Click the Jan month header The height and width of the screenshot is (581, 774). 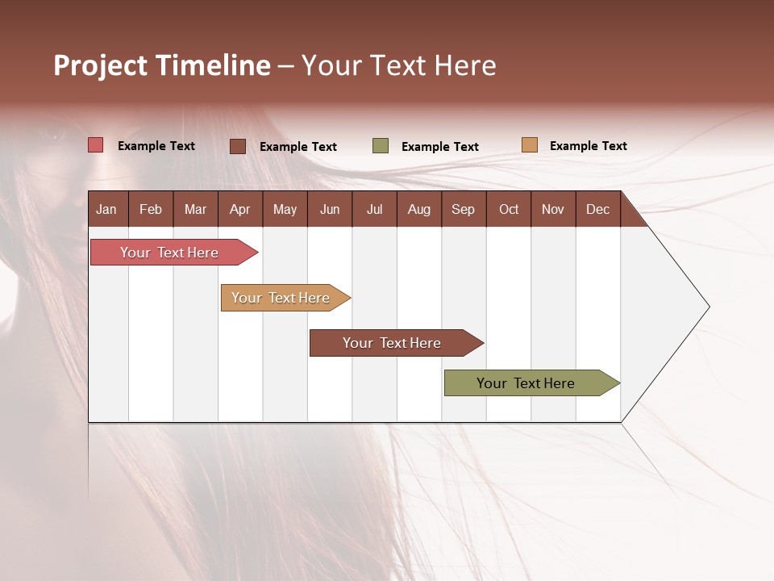(106, 209)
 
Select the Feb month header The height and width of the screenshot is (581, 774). (151, 209)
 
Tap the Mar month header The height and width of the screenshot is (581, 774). (195, 209)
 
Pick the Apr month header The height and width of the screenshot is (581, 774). (239, 209)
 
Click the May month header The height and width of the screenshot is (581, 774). (285, 209)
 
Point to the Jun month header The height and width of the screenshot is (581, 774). (330, 209)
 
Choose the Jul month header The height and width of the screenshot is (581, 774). (374, 209)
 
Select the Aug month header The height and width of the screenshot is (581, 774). (418, 209)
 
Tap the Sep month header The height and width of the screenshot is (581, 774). (463, 209)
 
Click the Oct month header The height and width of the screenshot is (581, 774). (509, 209)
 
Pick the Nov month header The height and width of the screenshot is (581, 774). (552, 209)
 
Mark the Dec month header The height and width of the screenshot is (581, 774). (597, 209)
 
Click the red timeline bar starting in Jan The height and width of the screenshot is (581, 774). (170, 253)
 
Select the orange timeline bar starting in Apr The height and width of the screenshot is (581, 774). (281, 298)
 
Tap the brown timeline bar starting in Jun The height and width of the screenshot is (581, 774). (393, 343)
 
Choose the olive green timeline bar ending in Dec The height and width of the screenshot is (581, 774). (526, 383)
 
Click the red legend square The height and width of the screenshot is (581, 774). (96, 145)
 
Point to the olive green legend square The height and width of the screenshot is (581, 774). (381, 146)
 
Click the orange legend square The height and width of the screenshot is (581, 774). (529, 145)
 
